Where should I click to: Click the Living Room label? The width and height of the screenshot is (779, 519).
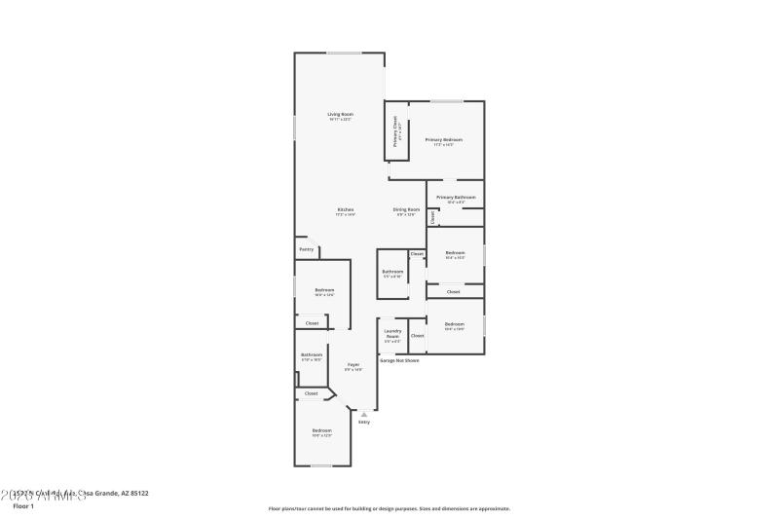pos(340,115)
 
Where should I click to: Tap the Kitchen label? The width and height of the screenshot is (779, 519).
pos(345,210)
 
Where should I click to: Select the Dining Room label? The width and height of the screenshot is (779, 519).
pos(406,210)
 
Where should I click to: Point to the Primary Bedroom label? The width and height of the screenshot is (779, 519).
pos(443,140)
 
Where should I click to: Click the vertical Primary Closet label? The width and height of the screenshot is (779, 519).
pos(395,131)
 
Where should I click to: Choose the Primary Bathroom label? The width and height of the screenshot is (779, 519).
pos(456,198)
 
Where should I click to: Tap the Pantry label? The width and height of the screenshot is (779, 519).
pos(306,249)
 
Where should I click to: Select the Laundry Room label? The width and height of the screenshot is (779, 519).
pos(392,333)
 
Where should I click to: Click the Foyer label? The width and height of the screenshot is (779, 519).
pos(353,365)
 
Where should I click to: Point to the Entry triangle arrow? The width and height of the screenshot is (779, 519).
pos(364,414)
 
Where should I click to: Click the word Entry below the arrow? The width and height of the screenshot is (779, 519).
pos(364,423)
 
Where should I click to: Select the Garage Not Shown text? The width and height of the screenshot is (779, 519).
pos(399,360)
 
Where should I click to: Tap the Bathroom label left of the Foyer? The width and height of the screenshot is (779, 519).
pos(312,355)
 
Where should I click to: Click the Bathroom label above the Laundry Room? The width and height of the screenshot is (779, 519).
pos(392,272)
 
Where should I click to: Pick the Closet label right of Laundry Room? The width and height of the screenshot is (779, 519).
pos(417,335)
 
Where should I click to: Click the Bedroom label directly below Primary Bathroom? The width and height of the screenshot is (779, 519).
pos(455,253)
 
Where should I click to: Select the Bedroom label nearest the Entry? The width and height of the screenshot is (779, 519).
pos(322,430)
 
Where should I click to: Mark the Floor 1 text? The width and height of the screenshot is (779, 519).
pos(23,506)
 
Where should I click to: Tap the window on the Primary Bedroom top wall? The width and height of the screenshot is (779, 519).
pos(447,101)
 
